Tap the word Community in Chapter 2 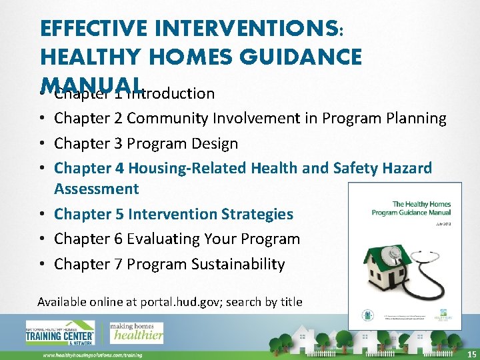[167, 119]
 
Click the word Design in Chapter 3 [215, 143]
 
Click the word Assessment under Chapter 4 [96, 189]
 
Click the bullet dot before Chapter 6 [42, 239]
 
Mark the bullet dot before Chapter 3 [42, 144]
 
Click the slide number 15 [471, 354]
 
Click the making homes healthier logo [136, 331]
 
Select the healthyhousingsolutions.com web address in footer [92, 355]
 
